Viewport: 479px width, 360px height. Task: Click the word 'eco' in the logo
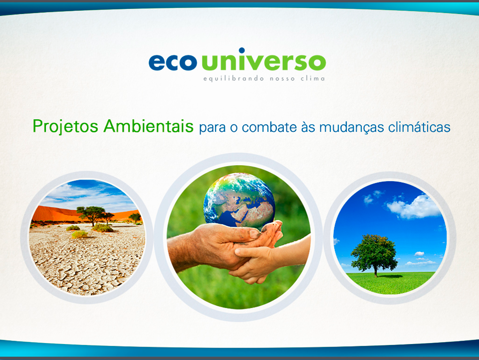173,62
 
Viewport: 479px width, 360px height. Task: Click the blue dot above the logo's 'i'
241,50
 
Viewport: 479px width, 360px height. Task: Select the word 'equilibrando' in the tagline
234,78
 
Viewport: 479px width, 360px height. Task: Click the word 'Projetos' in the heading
65,127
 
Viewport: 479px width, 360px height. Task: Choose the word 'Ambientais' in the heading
149,126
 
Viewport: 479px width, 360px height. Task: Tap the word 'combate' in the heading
269,127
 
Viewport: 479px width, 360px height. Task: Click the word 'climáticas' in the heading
419,127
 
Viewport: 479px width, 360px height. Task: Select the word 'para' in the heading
213,128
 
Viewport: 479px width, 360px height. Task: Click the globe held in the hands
239,201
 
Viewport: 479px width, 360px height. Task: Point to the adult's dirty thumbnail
254,234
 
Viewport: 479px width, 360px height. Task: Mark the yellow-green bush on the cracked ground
80,234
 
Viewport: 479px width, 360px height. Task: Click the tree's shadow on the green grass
390,276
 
